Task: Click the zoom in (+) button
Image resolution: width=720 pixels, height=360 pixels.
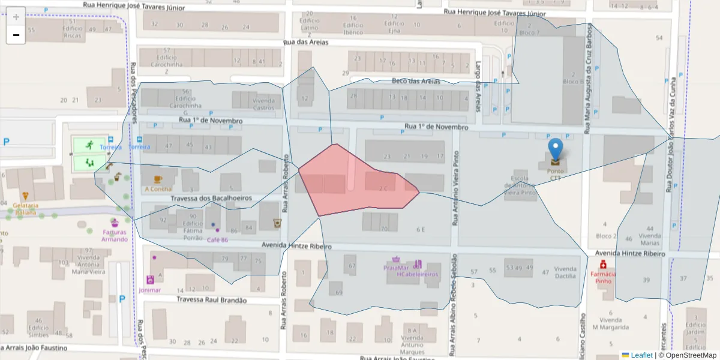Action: [16, 17]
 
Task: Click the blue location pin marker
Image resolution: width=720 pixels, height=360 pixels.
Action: [556, 150]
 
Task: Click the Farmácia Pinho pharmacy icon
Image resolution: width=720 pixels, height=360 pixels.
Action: [603, 265]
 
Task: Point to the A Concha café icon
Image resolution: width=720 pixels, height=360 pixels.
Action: [158, 179]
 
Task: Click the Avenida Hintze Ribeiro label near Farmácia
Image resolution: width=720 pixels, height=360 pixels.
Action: [629, 254]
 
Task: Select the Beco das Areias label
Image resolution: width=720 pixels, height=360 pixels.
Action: [416, 81]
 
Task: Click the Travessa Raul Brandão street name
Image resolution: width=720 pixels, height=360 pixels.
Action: [212, 300]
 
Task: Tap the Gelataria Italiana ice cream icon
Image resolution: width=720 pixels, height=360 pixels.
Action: [25, 196]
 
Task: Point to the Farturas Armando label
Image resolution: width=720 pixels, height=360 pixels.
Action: [115, 236]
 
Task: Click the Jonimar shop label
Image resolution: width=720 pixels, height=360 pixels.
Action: [149, 290]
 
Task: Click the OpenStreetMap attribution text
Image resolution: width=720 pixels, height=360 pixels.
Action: [687, 355]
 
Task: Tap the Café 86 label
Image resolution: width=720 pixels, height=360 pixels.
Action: [217, 240]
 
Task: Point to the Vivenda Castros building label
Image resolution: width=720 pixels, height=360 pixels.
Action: [263, 104]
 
